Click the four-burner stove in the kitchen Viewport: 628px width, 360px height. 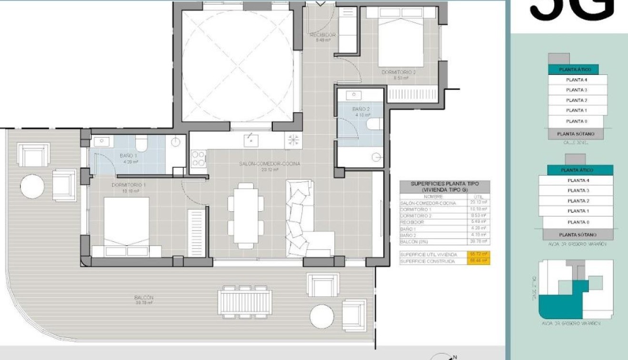click(x=198, y=159)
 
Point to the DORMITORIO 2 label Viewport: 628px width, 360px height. click(x=399, y=72)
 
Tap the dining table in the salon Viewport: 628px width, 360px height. click(x=246, y=210)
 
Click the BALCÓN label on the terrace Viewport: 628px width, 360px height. click(x=143, y=298)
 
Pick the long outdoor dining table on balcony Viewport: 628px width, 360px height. click(x=244, y=302)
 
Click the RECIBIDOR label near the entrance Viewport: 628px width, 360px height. click(x=323, y=35)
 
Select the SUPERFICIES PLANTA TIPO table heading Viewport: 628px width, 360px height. click(x=444, y=186)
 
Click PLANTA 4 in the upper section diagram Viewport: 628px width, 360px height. click(x=576, y=80)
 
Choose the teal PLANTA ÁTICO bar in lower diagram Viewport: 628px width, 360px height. click(x=577, y=170)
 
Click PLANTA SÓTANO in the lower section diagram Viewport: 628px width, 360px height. click(x=577, y=235)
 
